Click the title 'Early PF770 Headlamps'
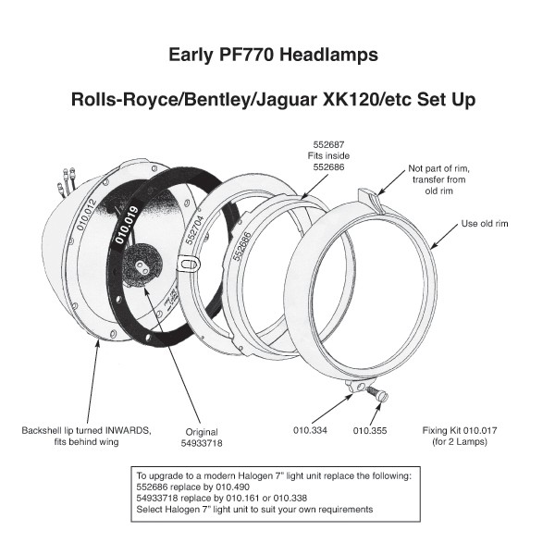tap(273, 55)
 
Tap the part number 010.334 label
tap(312, 430)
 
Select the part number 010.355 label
tap(370, 430)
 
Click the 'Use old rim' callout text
tap(485, 223)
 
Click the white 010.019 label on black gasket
tap(127, 225)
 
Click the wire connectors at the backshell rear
tap(67, 180)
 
